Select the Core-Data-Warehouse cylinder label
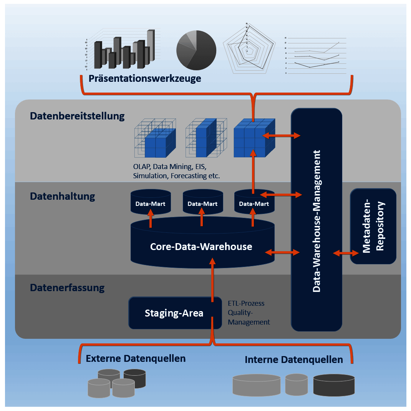201,247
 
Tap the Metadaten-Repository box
373,226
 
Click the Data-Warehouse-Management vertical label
317,221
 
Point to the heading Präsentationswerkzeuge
145,79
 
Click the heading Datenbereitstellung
77,116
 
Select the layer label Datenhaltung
62,196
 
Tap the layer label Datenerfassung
67,287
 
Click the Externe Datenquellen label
136,359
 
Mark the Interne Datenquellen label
293,360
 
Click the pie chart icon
196,51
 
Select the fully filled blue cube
254,138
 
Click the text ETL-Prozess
246,303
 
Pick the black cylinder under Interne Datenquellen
333,384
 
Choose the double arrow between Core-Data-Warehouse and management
282,252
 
